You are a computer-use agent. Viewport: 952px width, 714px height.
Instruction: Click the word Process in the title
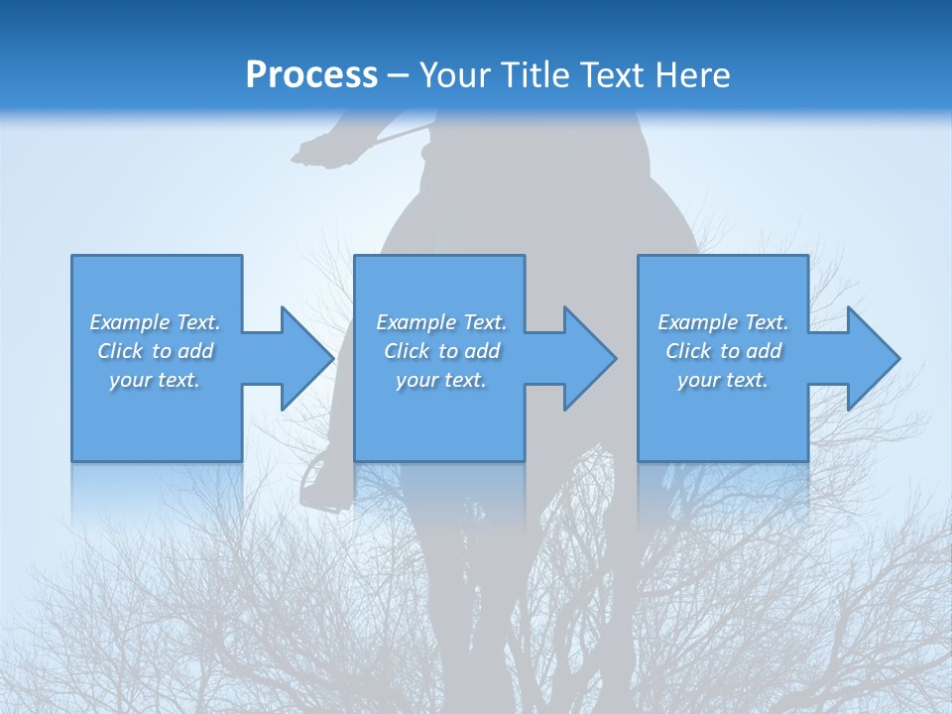pyautogui.click(x=311, y=74)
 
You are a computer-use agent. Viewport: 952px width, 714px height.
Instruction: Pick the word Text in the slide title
pyautogui.click(x=616, y=74)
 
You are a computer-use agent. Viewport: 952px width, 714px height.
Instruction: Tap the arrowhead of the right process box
pyautogui.click(x=872, y=358)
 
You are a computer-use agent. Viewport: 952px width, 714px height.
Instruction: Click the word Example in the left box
pyautogui.click(x=130, y=322)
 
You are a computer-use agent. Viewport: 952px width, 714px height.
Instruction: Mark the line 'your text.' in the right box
pyautogui.click(x=723, y=380)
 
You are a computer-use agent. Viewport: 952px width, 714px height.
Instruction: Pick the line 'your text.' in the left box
pyautogui.click(x=155, y=380)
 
